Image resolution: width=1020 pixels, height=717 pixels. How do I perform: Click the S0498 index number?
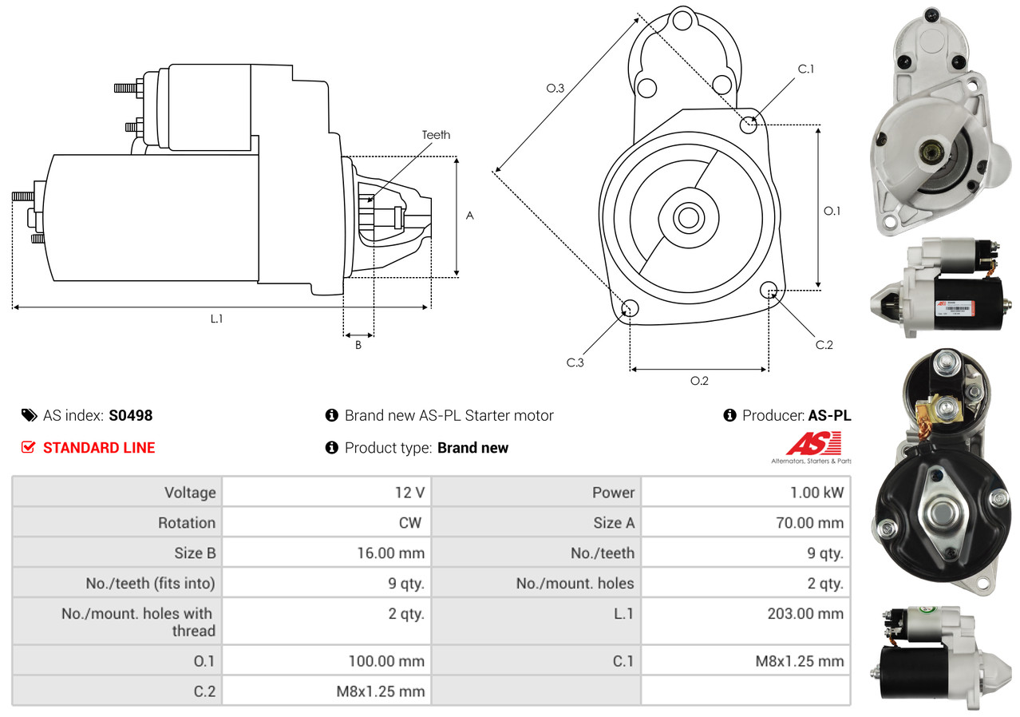pos(130,415)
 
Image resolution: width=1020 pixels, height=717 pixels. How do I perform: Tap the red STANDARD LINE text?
pos(99,448)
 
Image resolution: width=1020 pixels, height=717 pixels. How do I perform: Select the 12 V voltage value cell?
pos(409,493)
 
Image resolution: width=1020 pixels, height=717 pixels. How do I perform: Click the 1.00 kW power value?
pos(816,493)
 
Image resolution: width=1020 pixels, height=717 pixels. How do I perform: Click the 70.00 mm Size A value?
pos(808,523)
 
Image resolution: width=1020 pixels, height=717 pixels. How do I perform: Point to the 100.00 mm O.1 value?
pos(386,661)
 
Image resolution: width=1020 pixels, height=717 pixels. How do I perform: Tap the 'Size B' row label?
pos(195,553)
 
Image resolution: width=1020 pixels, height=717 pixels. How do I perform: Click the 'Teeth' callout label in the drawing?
pos(436,135)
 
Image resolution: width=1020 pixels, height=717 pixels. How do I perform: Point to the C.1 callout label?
pos(805,69)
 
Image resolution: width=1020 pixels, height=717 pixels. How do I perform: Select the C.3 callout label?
pos(575,362)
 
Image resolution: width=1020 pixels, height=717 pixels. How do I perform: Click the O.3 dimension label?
pos(555,89)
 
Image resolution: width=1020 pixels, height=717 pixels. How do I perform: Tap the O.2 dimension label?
pos(699,381)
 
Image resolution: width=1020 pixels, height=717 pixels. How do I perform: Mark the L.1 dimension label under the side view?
pos(216,319)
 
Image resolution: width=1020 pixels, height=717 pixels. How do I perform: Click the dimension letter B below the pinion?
pos(358,345)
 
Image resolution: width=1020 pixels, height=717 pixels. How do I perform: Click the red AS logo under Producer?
pos(813,444)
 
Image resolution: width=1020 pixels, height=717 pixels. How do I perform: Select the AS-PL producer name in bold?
pos(829,415)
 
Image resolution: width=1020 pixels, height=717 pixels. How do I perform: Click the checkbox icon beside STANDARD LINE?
pos(28,448)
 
